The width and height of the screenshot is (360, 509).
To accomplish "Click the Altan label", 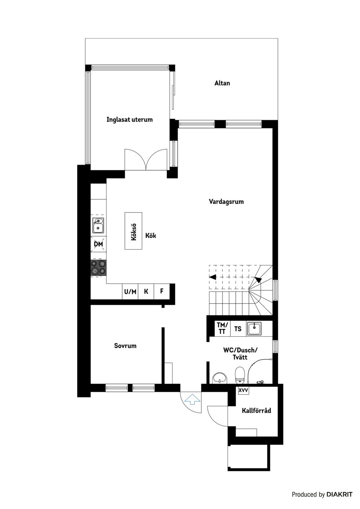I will pyautogui.click(x=222, y=83).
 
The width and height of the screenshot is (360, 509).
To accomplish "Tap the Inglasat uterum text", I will pyautogui.click(x=129, y=120).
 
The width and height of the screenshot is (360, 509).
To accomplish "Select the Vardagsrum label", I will pyautogui.click(x=226, y=202).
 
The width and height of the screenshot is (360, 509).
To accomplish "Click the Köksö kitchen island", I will pyautogui.click(x=133, y=231).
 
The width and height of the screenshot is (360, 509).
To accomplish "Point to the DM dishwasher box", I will pyautogui.click(x=98, y=244).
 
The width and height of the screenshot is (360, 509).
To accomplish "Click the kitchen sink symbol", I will pyautogui.click(x=98, y=226).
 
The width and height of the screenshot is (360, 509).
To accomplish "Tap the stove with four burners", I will pyautogui.click(x=98, y=268).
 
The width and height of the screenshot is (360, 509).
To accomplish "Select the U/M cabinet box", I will pyautogui.click(x=130, y=292).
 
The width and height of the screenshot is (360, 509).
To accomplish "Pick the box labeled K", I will pyautogui.click(x=146, y=291).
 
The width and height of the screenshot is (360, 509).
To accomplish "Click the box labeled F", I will pyautogui.click(x=162, y=291).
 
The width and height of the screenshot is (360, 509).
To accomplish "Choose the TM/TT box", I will pyautogui.click(x=222, y=328).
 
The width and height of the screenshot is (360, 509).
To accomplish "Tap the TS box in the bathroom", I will pyautogui.click(x=238, y=329).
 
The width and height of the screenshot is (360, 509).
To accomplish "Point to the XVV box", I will pyautogui.click(x=243, y=390).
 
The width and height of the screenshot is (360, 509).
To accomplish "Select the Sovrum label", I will pyautogui.click(x=125, y=346).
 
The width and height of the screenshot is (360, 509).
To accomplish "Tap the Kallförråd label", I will pyautogui.click(x=256, y=410).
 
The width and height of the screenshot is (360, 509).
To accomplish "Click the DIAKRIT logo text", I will pyautogui.click(x=339, y=494).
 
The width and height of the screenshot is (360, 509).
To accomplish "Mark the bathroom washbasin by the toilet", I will pyautogui.click(x=219, y=378).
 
